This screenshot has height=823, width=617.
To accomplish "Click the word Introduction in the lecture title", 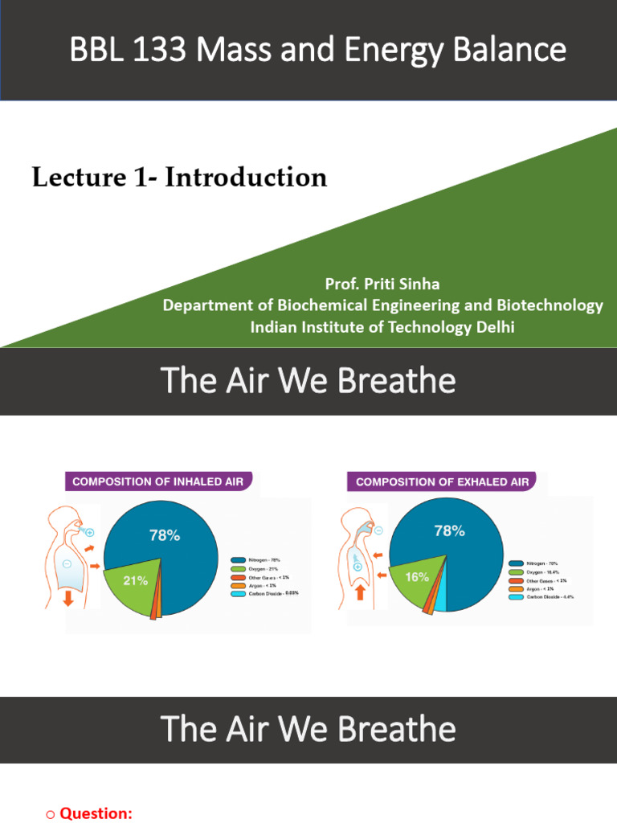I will pos(246,177).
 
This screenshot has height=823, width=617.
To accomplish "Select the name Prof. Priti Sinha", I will pos(382,285).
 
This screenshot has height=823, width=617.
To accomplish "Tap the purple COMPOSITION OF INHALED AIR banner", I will pos(157,482).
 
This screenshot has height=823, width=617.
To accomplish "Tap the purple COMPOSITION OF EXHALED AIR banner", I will pos(442,482).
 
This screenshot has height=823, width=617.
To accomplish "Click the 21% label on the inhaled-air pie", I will pos(134,580).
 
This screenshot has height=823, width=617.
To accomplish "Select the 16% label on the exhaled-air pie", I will pos(416,577).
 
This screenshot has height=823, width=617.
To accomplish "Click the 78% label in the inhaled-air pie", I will pos(164,535).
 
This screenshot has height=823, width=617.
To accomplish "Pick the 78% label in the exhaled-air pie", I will pos(449,531).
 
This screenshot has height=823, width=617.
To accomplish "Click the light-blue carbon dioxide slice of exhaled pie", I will pos(439,597).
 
